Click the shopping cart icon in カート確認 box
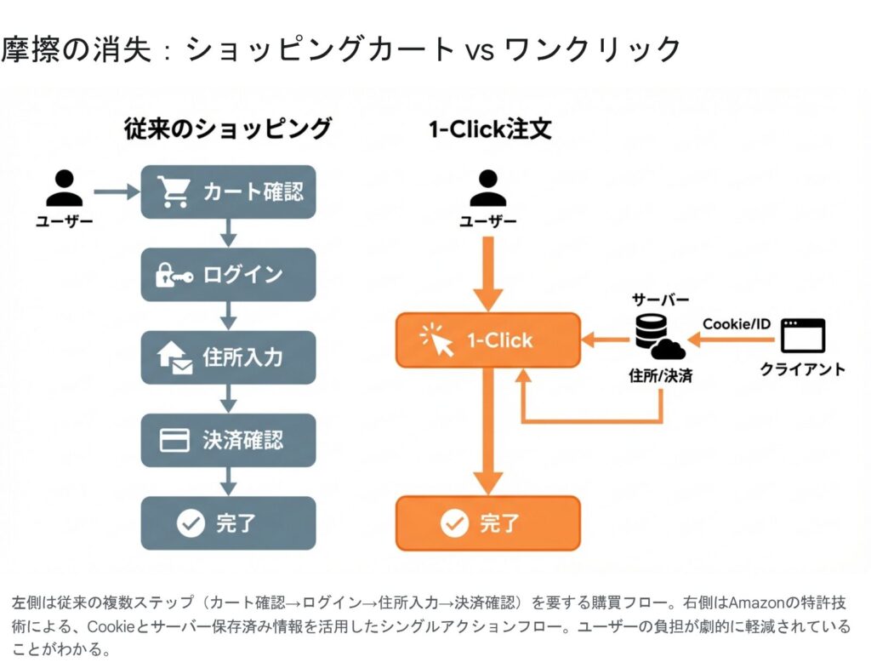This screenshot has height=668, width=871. (174, 192)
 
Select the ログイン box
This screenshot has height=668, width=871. (228, 275)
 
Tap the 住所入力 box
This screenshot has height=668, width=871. (228, 357)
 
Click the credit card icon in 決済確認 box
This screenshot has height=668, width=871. (174, 440)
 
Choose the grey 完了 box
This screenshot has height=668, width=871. (228, 522)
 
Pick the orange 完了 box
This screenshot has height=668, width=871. (487, 522)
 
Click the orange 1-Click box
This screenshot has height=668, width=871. (487, 340)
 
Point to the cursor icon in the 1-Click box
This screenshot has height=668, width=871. (439, 340)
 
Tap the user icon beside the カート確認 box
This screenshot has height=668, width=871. (65, 189)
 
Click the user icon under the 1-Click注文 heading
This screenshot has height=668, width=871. (487, 189)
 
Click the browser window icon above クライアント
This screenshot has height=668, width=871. (802, 336)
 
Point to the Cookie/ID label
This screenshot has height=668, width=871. (737, 324)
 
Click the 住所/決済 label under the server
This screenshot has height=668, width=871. (660, 374)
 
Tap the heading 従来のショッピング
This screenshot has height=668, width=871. (227, 129)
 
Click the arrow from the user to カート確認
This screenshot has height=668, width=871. (117, 192)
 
